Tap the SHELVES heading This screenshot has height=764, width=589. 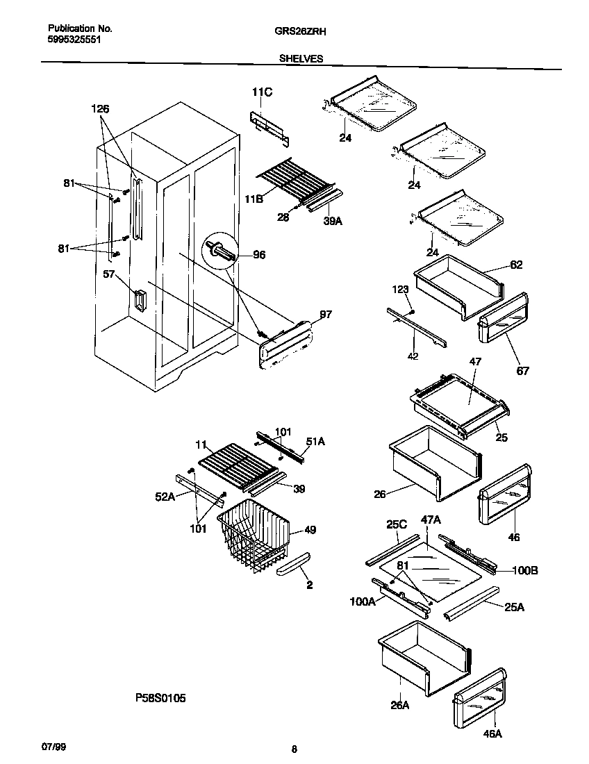pos(301,59)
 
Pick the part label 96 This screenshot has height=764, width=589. pos(258,255)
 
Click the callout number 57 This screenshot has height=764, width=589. pos(108,275)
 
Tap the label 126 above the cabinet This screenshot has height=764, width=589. pos(100,109)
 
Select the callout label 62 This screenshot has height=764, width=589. pos(515,265)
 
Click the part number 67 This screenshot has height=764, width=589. pos(522,371)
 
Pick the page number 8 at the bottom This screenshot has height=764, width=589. pos(294,749)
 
